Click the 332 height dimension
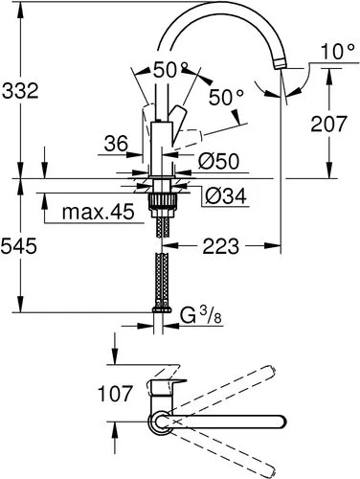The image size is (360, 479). pyautogui.click(x=20, y=91)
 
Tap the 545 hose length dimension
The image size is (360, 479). pyautogui.click(x=19, y=246)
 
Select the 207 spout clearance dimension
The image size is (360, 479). pyautogui.click(x=328, y=124)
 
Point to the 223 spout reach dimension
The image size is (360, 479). pyautogui.click(x=221, y=246)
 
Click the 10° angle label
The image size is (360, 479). pyautogui.click(x=337, y=52)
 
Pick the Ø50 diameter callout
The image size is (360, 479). pyautogui.click(x=218, y=161)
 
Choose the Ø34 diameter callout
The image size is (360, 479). pyautogui.click(x=226, y=195)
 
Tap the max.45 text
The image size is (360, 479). pyautogui.click(x=99, y=212)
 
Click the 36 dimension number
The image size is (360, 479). pyautogui.click(x=116, y=144)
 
